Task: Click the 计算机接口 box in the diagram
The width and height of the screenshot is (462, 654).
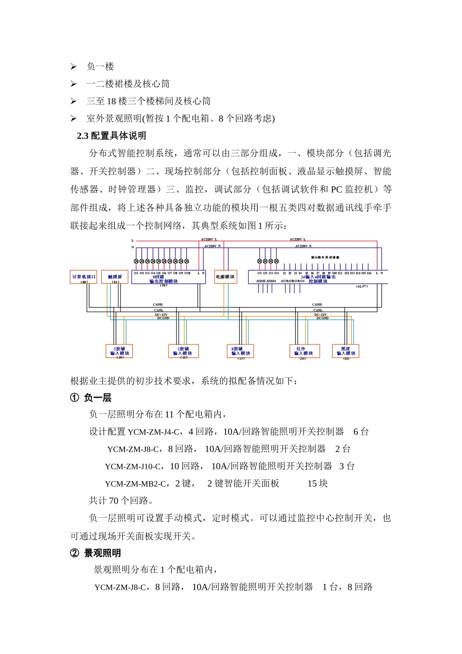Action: click(x=84, y=277)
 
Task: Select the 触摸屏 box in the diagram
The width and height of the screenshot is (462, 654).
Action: click(x=115, y=277)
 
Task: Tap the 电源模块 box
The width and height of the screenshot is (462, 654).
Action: click(x=225, y=277)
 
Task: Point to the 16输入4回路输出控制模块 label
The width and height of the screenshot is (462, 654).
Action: click(x=318, y=279)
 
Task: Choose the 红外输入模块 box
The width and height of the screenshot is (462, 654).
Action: click(x=304, y=351)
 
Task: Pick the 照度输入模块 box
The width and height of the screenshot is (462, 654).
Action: click(x=346, y=351)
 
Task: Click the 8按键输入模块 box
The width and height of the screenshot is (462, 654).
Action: click(x=240, y=351)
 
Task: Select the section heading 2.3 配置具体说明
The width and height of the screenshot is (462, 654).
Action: click(x=111, y=136)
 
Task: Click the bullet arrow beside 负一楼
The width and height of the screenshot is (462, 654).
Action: click(x=73, y=67)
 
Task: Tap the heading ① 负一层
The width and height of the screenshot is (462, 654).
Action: click(x=91, y=398)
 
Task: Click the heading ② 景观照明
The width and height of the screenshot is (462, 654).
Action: click(x=96, y=553)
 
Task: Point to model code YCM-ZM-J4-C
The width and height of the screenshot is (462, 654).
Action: click(x=153, y=432)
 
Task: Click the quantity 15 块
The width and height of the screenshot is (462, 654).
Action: click(x=318, y=483)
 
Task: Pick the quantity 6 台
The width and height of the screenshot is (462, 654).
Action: click(x=361, y=432)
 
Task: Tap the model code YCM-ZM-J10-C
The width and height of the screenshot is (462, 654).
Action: click(x=134, y=466)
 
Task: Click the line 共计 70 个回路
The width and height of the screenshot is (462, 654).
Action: click(x=122, y=500)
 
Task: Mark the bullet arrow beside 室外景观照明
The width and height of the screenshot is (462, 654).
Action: click(x=73, y=118)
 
